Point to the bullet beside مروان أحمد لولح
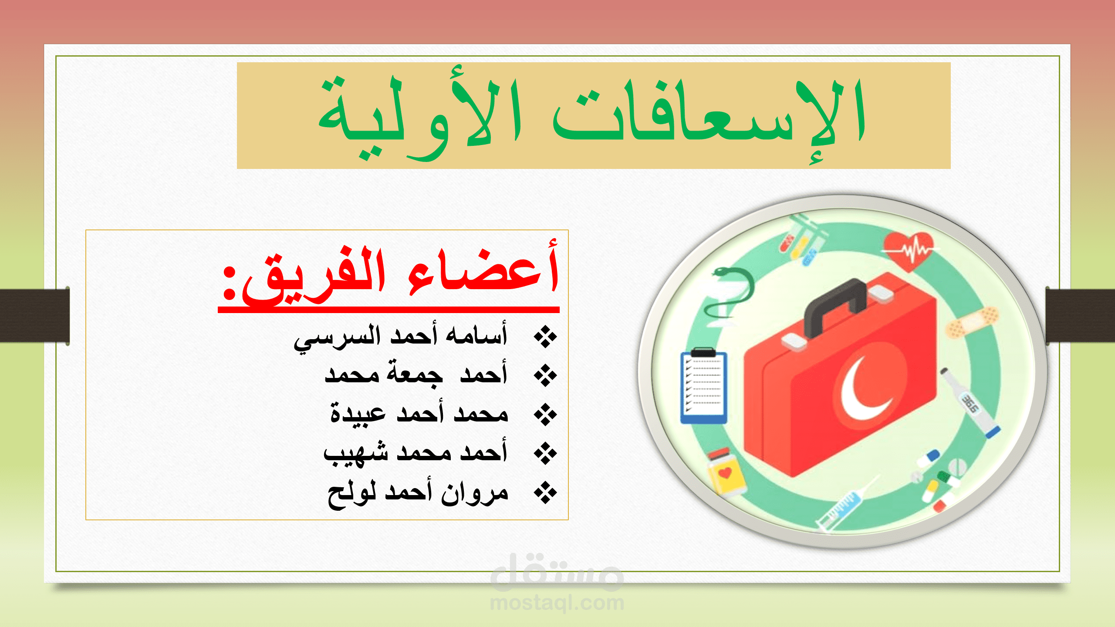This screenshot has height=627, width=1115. point(545,493)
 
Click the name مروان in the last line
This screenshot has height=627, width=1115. point(475,494)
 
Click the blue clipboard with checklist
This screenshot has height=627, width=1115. point(704,386)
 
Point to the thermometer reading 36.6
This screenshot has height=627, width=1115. point(970,403)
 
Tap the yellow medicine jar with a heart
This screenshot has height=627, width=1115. point(725,472)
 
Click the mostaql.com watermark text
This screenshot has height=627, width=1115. point(557,603)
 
